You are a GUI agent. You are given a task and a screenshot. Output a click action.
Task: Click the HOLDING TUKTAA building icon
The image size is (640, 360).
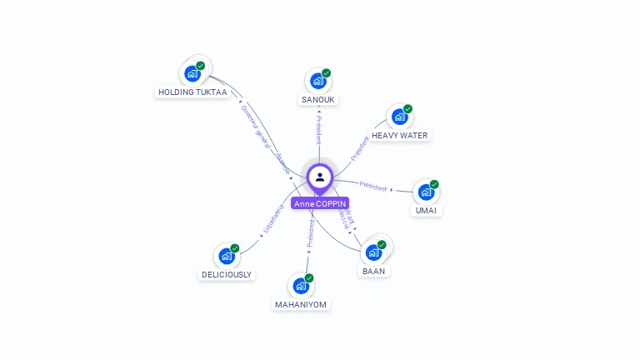point(193,72)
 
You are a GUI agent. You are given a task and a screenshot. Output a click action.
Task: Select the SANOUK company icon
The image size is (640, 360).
point(317,81)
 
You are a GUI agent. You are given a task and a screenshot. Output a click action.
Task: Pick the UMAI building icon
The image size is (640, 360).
point(426,192)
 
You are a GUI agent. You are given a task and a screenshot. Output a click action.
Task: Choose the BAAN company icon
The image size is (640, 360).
point(373,252)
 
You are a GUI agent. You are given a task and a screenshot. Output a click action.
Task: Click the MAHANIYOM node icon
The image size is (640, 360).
point(301,286)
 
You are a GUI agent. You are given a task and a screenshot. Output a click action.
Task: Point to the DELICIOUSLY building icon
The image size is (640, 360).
point(226,256)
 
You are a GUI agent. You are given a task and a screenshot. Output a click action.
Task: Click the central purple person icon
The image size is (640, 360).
point(320,177)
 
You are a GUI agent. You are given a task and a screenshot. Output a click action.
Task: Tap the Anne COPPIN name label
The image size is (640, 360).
point(320,203)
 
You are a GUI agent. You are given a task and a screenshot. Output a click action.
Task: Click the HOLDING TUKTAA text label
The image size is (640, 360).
point(192,92)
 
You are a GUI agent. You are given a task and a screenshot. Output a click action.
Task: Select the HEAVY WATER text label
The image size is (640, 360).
point(400,135)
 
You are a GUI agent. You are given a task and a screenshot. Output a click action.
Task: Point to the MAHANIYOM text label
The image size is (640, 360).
point(301,305)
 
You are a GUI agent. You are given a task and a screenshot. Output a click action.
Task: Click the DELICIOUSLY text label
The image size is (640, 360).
point(227,274)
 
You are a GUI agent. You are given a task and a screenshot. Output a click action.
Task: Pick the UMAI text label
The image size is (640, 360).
point(426,210)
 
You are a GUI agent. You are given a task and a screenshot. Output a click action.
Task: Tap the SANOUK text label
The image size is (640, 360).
point(317,99)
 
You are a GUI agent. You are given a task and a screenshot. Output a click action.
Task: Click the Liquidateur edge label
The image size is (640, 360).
point(273,217)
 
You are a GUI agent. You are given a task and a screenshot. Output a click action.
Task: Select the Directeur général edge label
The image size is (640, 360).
point(256,126)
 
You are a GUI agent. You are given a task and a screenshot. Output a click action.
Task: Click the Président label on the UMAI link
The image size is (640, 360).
point(372,186)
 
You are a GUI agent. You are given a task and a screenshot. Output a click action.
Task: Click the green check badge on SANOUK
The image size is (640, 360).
point(327,72)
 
